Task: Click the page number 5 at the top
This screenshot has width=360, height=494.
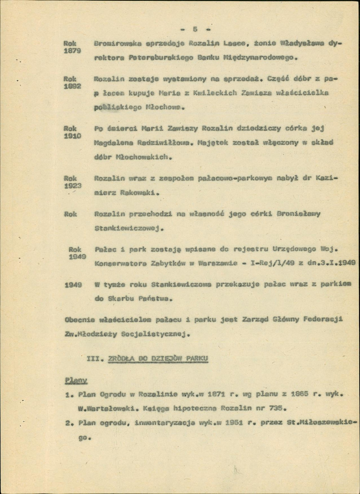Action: pos(195,29)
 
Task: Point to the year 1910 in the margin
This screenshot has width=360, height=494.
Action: pos(73,136)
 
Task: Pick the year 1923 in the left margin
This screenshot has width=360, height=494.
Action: pos(73,185)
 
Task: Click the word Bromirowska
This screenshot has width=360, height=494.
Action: pos(118,43)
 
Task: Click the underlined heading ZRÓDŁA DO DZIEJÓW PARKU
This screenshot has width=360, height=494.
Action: pos(158,359)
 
